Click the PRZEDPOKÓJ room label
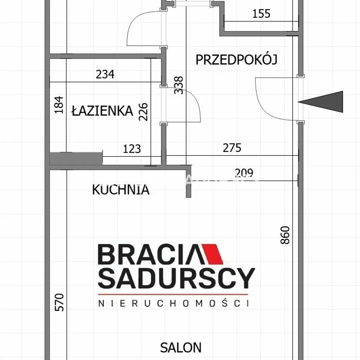[237, 59]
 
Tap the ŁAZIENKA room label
[102, 110]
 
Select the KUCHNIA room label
[121, 190]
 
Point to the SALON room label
[181, 348]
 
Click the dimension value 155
[261, 14]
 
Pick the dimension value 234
[105, 74]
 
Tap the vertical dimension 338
[179, 85]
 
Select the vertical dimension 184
[59, 105]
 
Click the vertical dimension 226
[143, 112]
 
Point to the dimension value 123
[132, 149]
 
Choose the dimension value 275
[232, 148]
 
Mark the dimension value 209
[244, 173]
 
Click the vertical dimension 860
[285, 235]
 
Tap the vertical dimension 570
[59, 302]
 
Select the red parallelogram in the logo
[212, 254]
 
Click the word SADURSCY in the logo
[176, 278]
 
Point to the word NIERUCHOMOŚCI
[174, 303]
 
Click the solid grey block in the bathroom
[76, 158]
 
